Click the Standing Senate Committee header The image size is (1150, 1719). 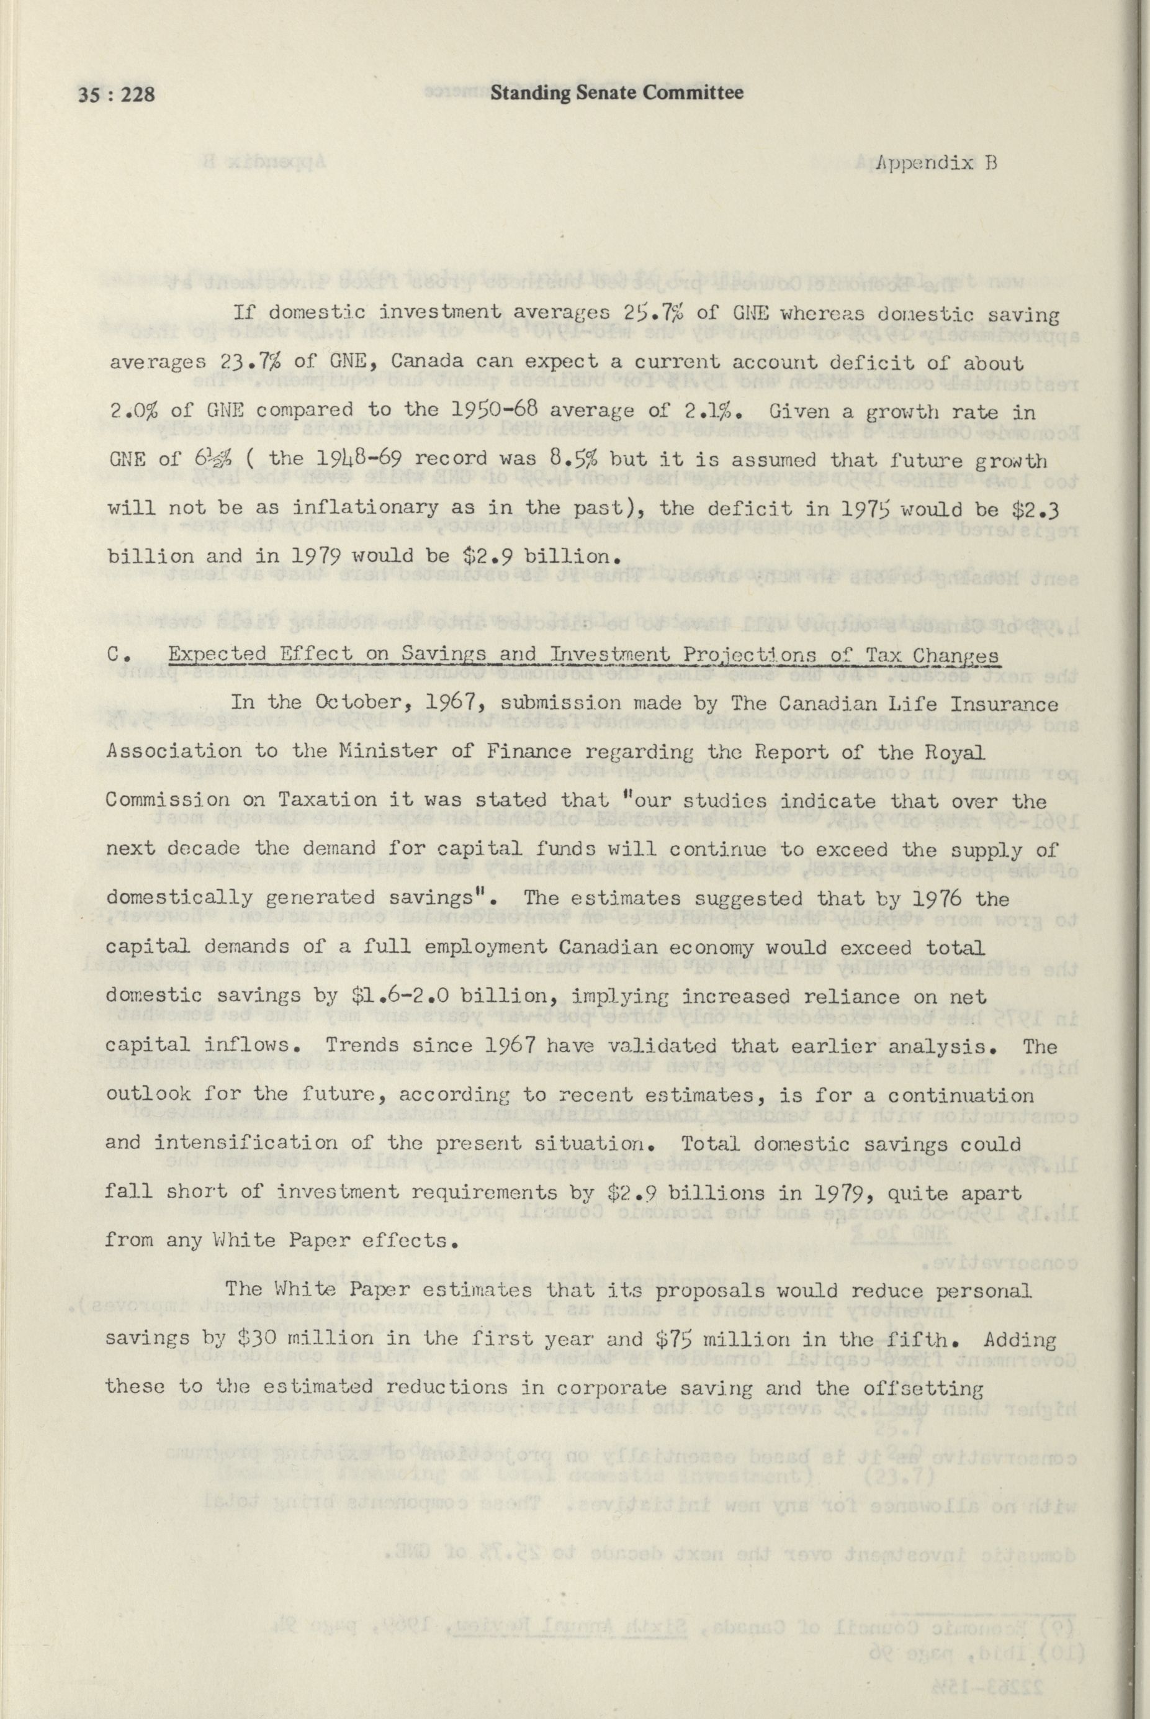point(617,93)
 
